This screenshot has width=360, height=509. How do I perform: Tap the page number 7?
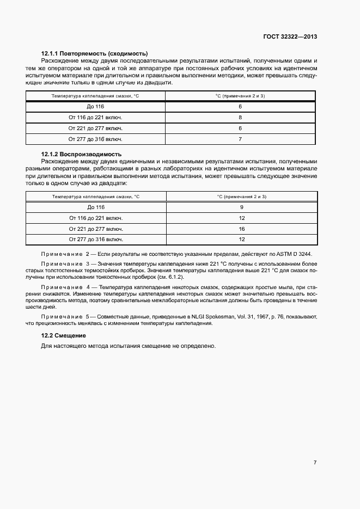click(x=315, y=462)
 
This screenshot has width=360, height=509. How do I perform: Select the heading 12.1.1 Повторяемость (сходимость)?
click(x=95, y=53)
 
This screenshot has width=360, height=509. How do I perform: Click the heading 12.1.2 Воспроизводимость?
click(x=82, y=154)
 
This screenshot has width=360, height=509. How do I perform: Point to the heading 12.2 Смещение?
click(x=64, y=335)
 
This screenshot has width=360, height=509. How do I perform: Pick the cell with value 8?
click(x=240, y=118)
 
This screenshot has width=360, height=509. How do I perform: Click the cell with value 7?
click(x=240, y=139)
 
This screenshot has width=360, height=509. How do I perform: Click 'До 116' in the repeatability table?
click(x=95, y=107)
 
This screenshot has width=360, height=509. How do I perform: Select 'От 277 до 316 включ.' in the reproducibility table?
click(x=96, y=239)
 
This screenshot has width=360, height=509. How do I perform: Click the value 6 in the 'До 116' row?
click(x=240, y=107)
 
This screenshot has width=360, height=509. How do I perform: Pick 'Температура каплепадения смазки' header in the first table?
click(x=95, y=96)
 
